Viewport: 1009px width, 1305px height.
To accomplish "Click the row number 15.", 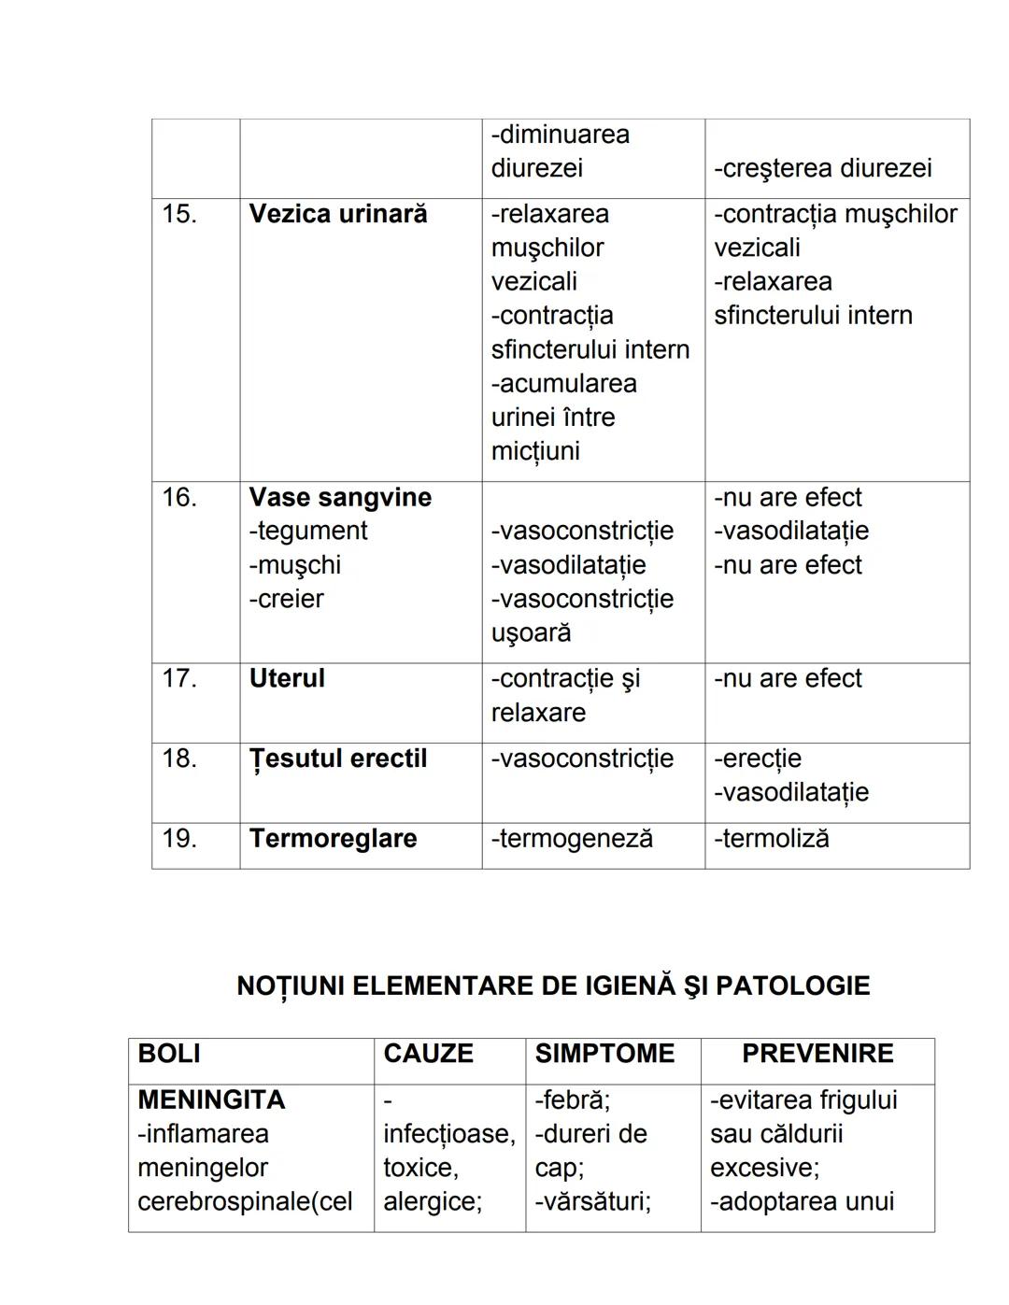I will pyautogui.click(x=179, y=214).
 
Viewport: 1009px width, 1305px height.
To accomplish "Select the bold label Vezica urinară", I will pyautogui.click(x=338, y=214).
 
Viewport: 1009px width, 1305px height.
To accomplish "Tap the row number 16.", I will pyautogui.click(x=179, y=497).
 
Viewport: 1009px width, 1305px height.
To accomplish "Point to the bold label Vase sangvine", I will pyautogui.click(x=340, y=497).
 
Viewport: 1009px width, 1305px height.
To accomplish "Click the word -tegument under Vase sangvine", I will pyautogui.click(x=308, y=531).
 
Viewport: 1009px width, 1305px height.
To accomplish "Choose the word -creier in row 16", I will pyautogui.click(x=287, y=599).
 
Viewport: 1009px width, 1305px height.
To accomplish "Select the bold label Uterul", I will pyautogui.click(x=287, y=678).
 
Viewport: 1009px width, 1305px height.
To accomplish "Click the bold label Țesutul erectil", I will pyautogui.click(x=338, y=759).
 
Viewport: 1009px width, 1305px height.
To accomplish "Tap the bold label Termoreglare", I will pyautogui.click(x=333, y=838).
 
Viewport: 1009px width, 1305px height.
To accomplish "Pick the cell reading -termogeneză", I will pyautogui.click(x=572, y=838).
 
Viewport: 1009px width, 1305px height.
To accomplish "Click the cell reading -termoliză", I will pyautogui.click(x=772, y=838).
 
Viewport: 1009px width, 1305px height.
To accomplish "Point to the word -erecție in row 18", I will pyautogui.click(x=758, y=759).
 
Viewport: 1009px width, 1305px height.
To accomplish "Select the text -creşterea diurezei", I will pyautogui.click(x=823, y=168).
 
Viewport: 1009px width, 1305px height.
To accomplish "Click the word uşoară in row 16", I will pyautogui.click(x=532, y=632).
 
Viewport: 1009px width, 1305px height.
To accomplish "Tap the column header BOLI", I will pyautogui.click(x=169, y=1054).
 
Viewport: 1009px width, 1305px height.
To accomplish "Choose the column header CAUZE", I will pyautogui.click(x=428, y=1054).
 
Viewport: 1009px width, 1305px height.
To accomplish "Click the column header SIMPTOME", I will pyautogui.click(x=604, y=1054).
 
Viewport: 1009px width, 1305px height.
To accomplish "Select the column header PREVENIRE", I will pyautogui.click(x=817, y=1054).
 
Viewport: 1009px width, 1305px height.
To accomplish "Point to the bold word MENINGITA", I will pyautogui.click(x=211, y=1099).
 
